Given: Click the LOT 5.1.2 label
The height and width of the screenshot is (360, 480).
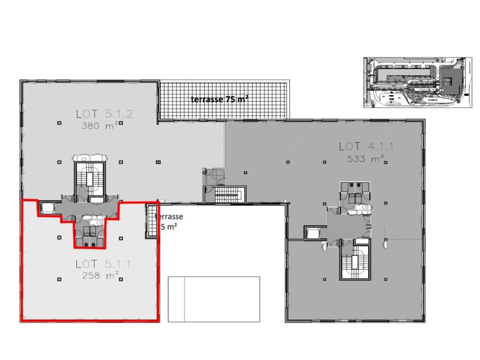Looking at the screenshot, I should [104, 114].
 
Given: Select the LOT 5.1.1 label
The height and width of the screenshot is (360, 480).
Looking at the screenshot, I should [103, 264].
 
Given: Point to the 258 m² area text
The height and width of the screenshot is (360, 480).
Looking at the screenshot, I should [100, 276].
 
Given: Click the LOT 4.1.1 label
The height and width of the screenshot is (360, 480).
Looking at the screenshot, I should [366, 147].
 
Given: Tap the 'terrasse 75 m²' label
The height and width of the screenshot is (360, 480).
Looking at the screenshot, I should [220, 99].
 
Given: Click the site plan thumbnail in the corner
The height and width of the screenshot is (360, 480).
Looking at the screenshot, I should [417, 82].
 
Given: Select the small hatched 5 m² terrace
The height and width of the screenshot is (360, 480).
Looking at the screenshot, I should [151, 220].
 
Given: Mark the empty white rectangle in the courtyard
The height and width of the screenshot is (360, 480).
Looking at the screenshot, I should [214, 299].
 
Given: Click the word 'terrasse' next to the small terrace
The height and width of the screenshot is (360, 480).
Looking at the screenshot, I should [169, 217].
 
